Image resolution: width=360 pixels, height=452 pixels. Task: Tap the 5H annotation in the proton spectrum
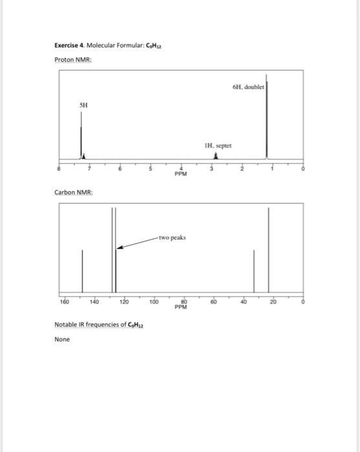(x=83, y=105)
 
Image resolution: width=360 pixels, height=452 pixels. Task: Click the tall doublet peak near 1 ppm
(x=268, y=123)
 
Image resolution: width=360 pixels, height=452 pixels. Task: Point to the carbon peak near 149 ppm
(x=81, y=271)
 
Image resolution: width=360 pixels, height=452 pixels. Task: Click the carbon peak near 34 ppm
(x=253, y=271)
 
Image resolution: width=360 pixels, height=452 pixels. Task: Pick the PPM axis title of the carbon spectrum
(x=181, y=307)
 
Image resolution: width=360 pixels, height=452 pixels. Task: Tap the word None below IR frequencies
(x=62, y=338)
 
